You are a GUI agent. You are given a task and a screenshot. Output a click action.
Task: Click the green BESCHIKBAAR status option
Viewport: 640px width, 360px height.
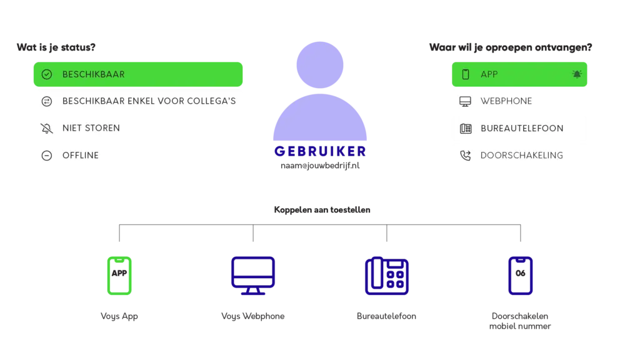tap(138, 74)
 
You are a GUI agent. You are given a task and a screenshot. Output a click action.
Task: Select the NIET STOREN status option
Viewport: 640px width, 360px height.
tap(91, 128)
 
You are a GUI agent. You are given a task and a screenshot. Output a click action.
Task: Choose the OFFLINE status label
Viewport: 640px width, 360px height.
tap(81, 156)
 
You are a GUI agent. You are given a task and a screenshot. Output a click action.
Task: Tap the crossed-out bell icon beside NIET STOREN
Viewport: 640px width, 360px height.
tap(47, 128)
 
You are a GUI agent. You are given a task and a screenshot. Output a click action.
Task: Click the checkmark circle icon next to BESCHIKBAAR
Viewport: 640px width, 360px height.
tap(47, 74)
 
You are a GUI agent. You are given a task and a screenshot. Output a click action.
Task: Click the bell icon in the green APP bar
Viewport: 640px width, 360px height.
tap(577, 74)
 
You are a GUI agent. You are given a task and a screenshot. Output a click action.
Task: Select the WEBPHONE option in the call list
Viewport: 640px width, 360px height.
tap(506, 101)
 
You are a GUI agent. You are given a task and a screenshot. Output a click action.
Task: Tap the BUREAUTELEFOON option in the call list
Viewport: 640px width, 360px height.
tap(522, 129)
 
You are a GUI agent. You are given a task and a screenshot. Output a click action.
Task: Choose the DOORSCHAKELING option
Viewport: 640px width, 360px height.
tap(522, 156)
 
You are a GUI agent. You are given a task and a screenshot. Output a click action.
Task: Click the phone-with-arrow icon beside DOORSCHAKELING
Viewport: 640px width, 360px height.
tap(465, 156)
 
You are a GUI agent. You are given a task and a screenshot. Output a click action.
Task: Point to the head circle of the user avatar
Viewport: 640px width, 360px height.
tap(320, 65)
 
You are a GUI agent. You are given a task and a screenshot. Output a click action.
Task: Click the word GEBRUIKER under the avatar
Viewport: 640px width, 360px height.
tap(320, 151)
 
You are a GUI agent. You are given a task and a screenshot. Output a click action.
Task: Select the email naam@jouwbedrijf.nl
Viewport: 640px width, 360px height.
tap(320, 166)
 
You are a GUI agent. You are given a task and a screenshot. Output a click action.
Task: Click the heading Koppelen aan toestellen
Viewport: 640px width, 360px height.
tap(322, 210)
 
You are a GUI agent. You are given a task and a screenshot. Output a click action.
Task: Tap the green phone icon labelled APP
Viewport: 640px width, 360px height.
tap(119, 276)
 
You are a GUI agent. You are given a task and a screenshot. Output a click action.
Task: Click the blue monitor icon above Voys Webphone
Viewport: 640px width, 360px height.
tap(253, 276)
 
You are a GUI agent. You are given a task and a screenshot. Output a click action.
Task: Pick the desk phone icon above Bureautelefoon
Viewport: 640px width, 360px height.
tap(386, 276)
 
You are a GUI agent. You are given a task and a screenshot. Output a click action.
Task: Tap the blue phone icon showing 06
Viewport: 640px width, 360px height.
tap(521, 276)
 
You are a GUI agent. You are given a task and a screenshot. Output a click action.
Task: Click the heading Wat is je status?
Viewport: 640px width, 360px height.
tap(56, 47)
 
